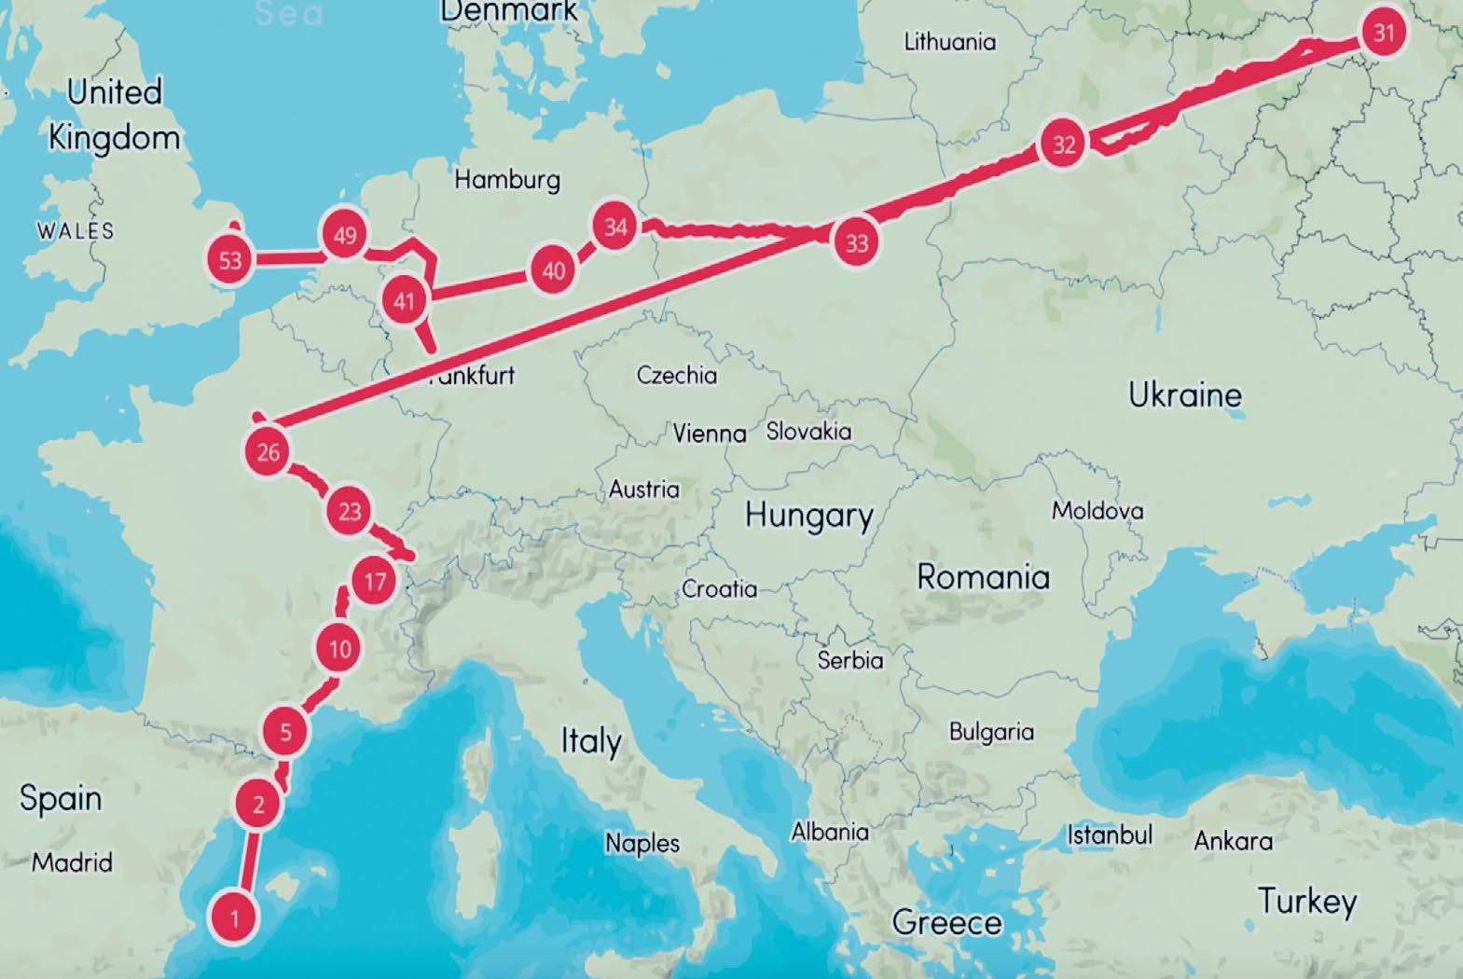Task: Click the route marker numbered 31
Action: click(x=1384, y=33)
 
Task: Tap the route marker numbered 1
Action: click(x=234, y=917)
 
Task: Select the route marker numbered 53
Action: click(x=230, y=260)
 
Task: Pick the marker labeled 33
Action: click(x=856, y=242)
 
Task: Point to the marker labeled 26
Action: click(x=268, y=452)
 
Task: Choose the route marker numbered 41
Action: click(x=404, y=301)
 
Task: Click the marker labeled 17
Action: click(x=375, y=582)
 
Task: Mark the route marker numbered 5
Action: click(x=285, y=731)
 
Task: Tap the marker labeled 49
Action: click(x=345, y=235)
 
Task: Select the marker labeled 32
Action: click(x=1063, y=145)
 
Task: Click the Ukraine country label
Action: click(x=1184, y=394)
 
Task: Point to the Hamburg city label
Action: click(x=507, y=178)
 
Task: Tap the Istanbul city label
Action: click(x=1110, y=834)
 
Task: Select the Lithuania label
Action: click(x=949, y=42)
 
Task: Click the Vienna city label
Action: click(x=710, y=433)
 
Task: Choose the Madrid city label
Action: click(x=72, y=862)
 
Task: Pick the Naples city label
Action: click(x=642, y=843)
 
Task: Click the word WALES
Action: click(x=76, y=230)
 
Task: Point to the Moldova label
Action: click(x=1097, y=510)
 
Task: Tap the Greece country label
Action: click(x=946, y=922)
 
